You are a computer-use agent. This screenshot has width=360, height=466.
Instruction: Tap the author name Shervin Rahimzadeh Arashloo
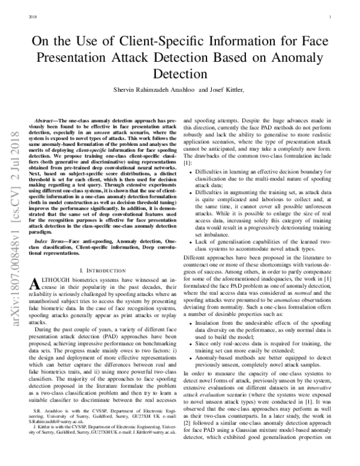[148, 92]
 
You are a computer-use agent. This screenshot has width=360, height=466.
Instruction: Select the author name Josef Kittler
[222, 92]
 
